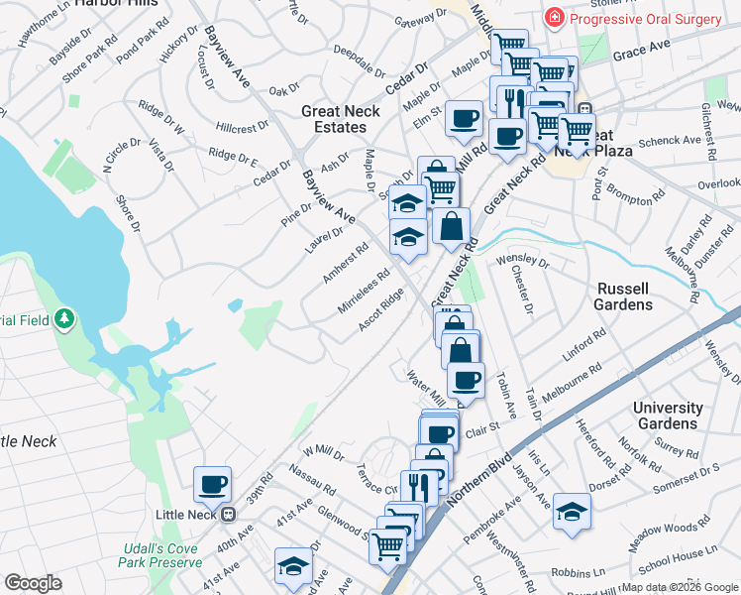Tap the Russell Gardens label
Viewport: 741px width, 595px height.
[x=623, y=297]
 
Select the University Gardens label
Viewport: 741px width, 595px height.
[x=668, y=416]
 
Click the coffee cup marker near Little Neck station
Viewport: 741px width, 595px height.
[x=212, y=485]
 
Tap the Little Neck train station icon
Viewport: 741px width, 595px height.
[x=228, y=515]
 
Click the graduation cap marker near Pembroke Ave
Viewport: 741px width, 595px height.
[x=572, y=513]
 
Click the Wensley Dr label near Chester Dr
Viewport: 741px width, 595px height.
[x=522, y=262]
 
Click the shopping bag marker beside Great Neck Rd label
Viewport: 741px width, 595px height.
[x=451, y=227]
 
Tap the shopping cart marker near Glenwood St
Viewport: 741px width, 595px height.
[x=388, y=543]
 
